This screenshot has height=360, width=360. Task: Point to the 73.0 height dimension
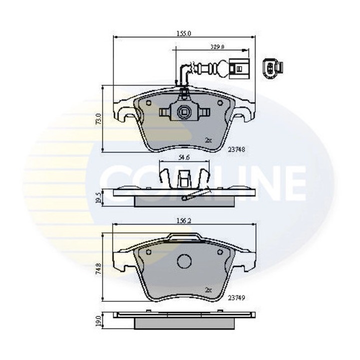coord(98,118)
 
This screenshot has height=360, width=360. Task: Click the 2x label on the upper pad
coord(208,140)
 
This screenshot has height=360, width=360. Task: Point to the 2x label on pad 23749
coord(208,289)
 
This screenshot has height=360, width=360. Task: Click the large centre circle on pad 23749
coord(184,261)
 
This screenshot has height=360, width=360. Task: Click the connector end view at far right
coord(272,68)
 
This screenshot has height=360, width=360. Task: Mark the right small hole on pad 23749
coord(220,251)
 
